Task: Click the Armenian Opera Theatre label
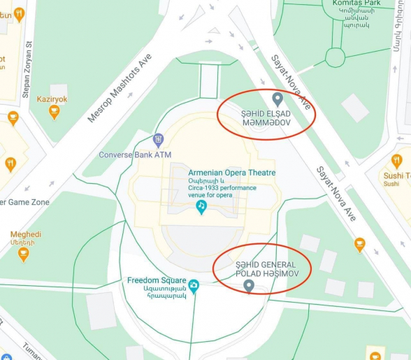click(x=231, y=173)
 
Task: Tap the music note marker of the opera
click(x=201, y=206)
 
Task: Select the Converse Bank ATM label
click(x=135, y=154)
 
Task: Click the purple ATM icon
click(x=159, y=140)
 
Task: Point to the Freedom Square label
click(x=157, y=280)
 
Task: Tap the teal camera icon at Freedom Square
click(x=194, y=285)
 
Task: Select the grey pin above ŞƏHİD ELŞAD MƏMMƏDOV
click(x=277, y=99)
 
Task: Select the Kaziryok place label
click(x=52, y=99)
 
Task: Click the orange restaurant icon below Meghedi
click(x=24, y=253)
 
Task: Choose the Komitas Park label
click(x=356, y=3)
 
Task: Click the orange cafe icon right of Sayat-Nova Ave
click(x=359, y=244)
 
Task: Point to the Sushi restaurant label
click(x=395, y=173)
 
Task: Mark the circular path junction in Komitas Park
click(x=336, y=56)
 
